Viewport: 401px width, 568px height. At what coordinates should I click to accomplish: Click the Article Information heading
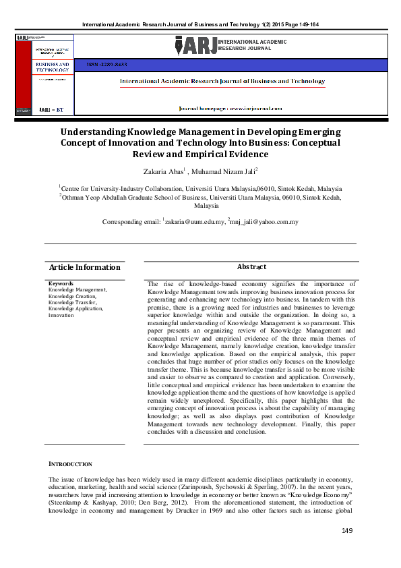coord(85,267)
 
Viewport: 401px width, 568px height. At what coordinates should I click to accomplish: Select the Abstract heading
coord(251,267)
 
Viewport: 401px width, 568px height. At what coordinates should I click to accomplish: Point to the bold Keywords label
coord(61,283)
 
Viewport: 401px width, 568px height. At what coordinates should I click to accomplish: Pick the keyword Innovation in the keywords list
coord(61,315)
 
